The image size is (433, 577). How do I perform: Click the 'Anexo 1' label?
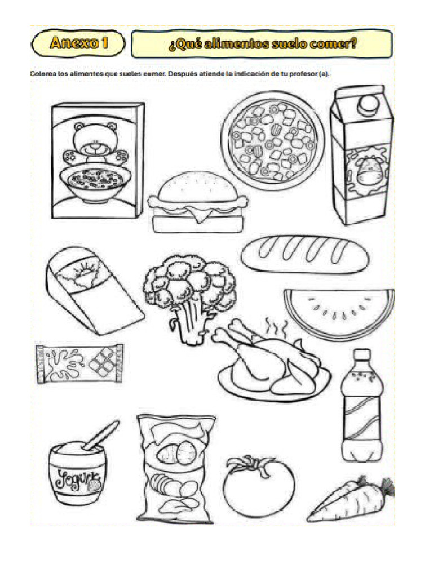79,43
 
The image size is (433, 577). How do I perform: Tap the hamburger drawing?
197,203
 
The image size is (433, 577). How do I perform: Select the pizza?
273,141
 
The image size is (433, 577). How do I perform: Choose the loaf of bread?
305,254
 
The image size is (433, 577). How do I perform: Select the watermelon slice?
339,312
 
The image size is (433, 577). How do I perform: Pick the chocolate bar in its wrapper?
80,363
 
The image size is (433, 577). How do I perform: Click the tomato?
258,486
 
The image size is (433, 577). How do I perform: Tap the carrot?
350,500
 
